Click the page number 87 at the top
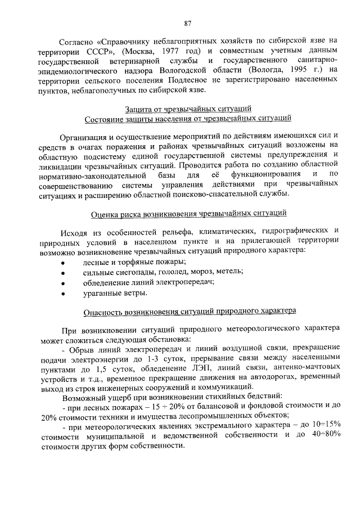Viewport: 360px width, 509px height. [188, 23]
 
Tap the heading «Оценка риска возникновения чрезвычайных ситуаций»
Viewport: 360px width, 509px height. [188, 214]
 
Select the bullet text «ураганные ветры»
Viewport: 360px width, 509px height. [115, 292]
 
